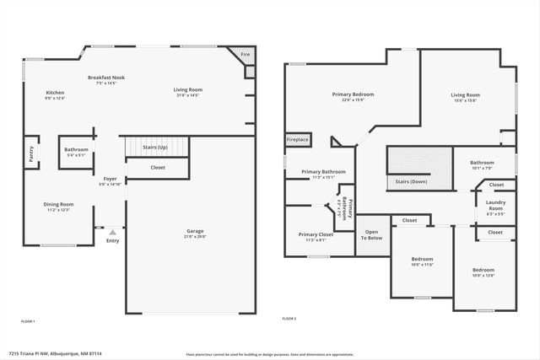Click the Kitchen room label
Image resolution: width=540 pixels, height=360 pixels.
tap(55, 92)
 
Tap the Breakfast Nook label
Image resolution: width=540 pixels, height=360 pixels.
tap(106, 78)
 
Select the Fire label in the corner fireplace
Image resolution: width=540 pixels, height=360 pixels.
tap(246, 54)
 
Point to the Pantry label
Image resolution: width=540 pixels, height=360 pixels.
tap(31, 153)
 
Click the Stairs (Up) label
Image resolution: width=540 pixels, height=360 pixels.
tap(154, 147)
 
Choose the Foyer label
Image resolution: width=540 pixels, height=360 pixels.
tap(110, 179)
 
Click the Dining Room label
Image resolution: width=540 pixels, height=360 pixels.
tap(58, 203)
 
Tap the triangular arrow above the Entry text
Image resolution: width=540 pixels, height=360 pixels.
tap(112, 229)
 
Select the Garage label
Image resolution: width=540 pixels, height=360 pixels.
tap(195, 231)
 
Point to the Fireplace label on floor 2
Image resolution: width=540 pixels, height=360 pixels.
tap(297, 139)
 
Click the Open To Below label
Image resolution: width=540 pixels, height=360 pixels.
tap(373, 234)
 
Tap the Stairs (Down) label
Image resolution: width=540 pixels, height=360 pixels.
tap(411, 181)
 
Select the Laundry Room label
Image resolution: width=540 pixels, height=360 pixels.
tap(495, 205)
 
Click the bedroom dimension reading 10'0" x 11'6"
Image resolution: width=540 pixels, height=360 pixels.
tap(422, 265)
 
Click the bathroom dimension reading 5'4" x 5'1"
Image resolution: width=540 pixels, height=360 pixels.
tap(76, 155)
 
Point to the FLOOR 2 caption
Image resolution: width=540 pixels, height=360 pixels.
tap(289, 319)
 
